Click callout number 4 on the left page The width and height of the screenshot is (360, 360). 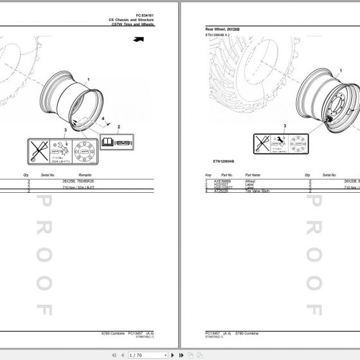(x=101, y=119)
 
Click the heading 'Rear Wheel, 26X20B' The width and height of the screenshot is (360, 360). (x=222, y=30)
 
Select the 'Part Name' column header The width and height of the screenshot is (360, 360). (x=253, y=175)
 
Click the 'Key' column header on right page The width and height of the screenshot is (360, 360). (x=208, y=175)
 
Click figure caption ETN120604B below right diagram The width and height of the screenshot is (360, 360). (x=223, y=161)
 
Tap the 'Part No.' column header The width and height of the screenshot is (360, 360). (x=227, y=175)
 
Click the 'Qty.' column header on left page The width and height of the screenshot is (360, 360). (x=26, y=175)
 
